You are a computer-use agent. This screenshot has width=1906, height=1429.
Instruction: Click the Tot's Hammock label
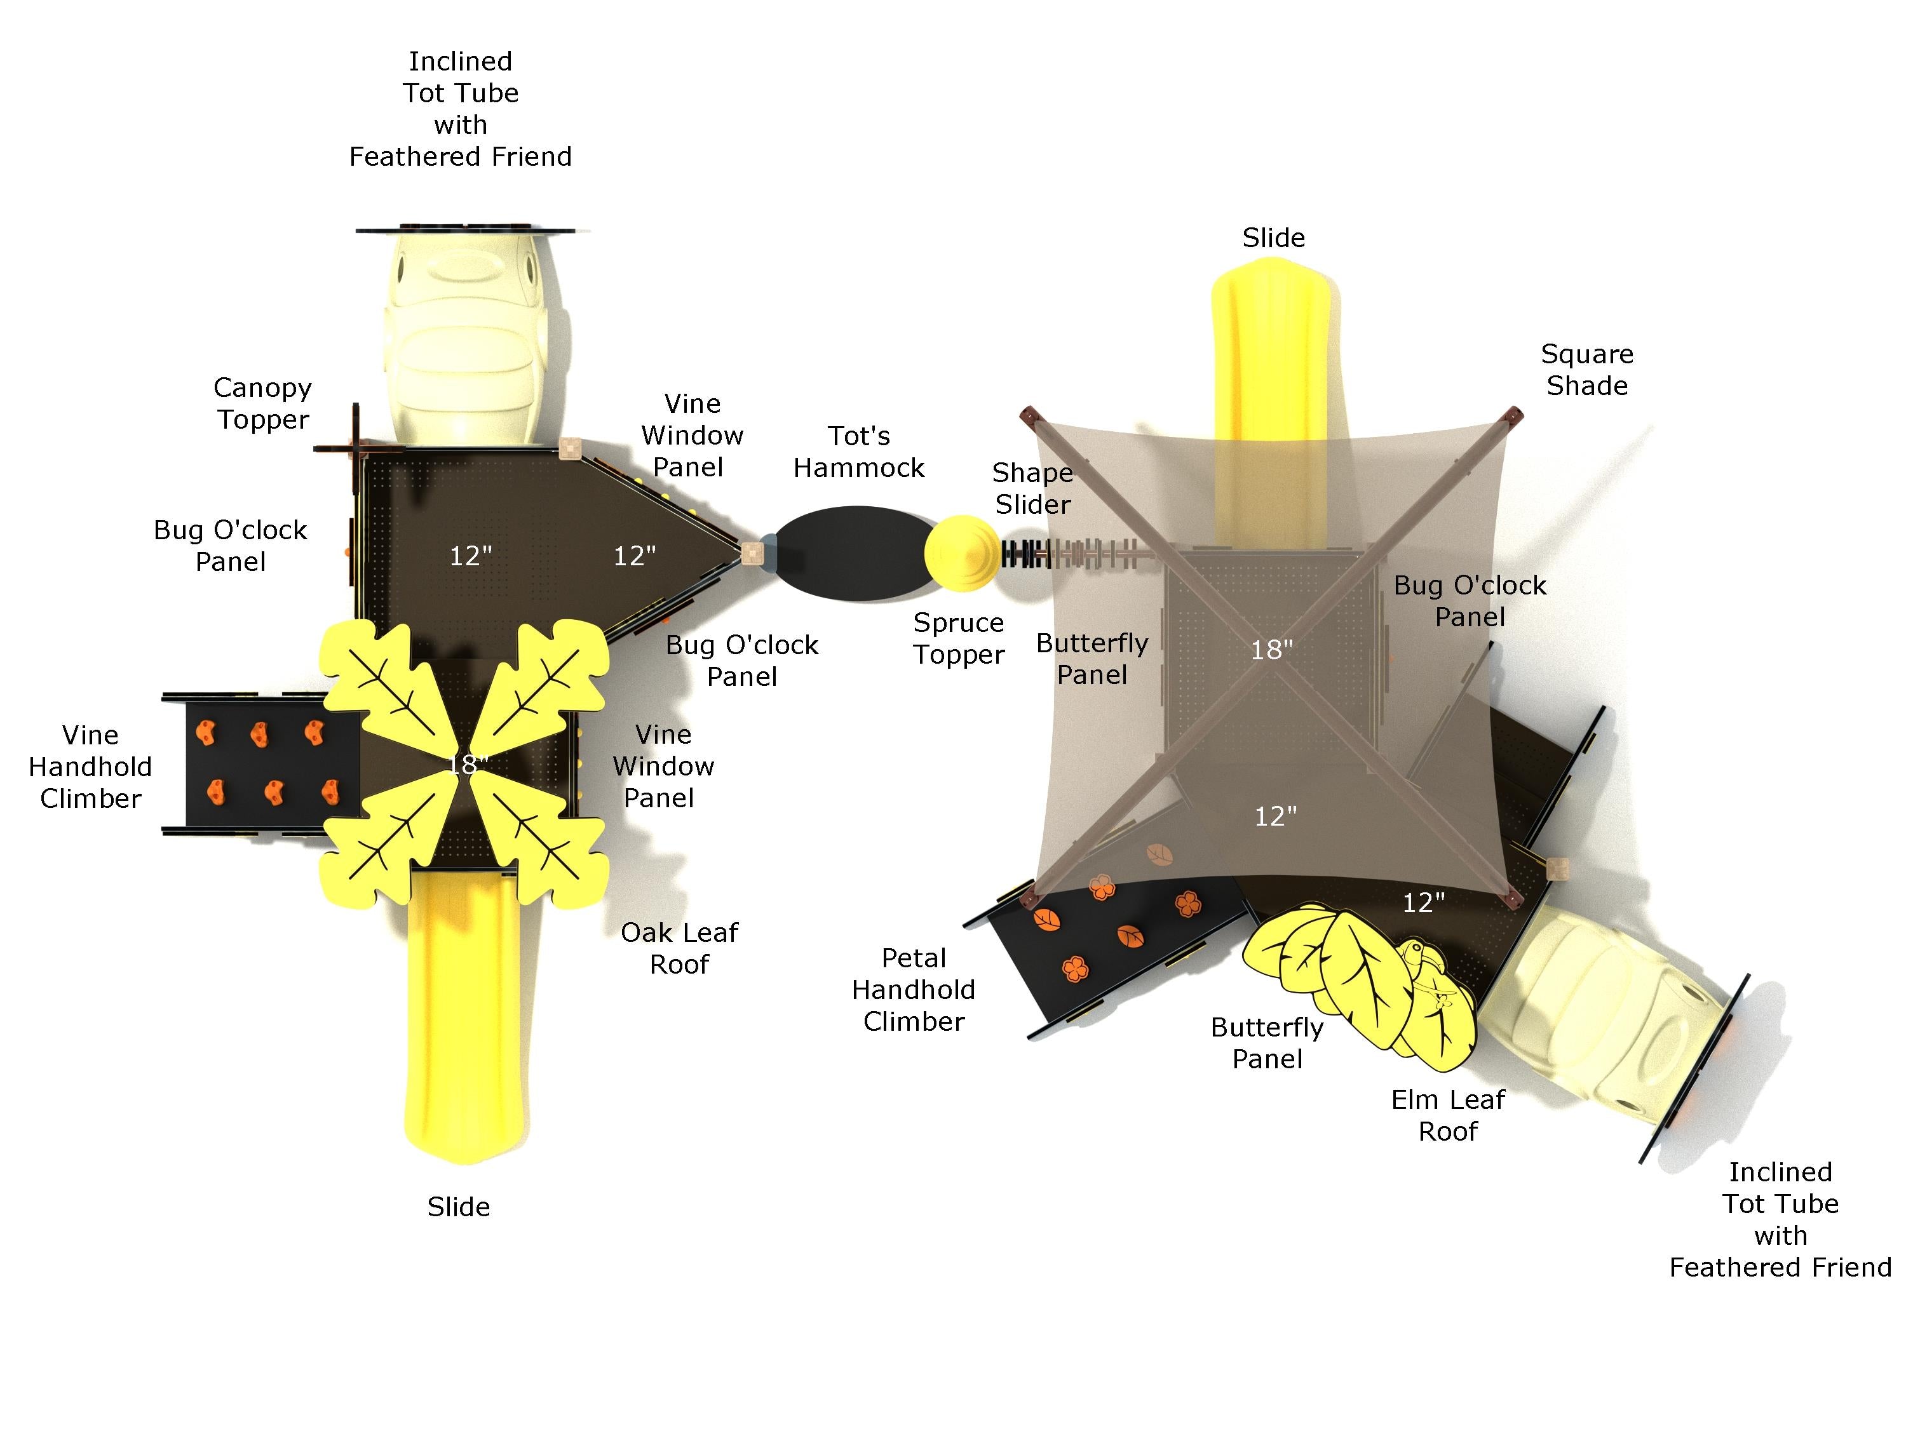pyautogui.click(x=858, y=452)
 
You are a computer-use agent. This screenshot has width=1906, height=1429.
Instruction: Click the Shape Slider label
pyautogui.click(x=1032, y=488)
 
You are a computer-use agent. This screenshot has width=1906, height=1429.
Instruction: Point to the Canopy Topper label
pyautogui.click(x=263, y=403)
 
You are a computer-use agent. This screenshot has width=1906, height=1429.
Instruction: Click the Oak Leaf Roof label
pyautogui.click(x=679, y=948)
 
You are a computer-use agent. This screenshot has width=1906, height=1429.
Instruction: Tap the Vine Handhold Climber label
pyautogui.click(x=90, y=767)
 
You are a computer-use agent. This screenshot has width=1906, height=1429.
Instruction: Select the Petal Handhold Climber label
pyautogui.click(x=914, y=990)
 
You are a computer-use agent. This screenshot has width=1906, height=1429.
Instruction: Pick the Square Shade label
pyautogui.click(x=1586, y=370)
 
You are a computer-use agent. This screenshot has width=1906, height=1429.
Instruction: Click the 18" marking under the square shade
pyautogui.click(x=1272, y=650)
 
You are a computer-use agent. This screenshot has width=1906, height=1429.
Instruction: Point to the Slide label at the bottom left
pyautogui.click(x=459, y=1207)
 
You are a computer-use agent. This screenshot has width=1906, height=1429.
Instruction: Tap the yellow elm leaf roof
pyautogui.click(x=1362, y=982)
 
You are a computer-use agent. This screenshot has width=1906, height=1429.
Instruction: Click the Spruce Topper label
pyautogui.click(x=958, y=638)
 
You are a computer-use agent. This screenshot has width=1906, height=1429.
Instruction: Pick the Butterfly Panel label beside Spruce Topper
pyautogui.click(x=1092, y=659)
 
